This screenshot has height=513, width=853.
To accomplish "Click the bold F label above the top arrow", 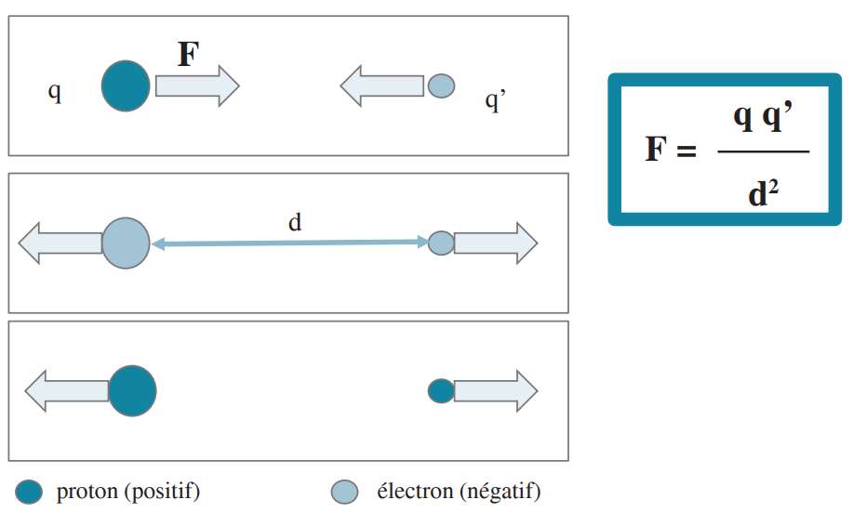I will (188, 55).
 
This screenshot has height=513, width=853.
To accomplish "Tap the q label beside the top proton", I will (55, 93).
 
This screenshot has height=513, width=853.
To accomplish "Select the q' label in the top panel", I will (495, 99).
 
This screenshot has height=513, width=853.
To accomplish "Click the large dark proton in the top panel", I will (125, 86).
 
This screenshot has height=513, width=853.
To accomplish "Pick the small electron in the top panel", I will (441, 86).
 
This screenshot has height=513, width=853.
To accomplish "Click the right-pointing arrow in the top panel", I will (196, 86).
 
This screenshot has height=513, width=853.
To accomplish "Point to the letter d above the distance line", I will (295, 223).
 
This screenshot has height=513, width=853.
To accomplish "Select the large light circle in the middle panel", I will (125, 243).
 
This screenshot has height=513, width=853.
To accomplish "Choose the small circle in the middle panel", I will (441, 243).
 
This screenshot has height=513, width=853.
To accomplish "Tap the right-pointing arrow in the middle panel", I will (495, 243).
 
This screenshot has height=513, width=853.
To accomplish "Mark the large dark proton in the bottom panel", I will (132, 390).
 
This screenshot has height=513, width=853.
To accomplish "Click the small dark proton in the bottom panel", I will (441, 390).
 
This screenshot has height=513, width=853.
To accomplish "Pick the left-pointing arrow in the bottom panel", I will (66, 390).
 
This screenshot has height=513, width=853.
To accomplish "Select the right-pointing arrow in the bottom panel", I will (495, 390).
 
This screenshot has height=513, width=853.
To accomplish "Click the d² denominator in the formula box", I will (763, 194).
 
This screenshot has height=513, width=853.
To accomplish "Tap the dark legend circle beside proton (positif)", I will (30, 492).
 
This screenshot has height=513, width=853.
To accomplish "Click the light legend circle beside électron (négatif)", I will (344, 492).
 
